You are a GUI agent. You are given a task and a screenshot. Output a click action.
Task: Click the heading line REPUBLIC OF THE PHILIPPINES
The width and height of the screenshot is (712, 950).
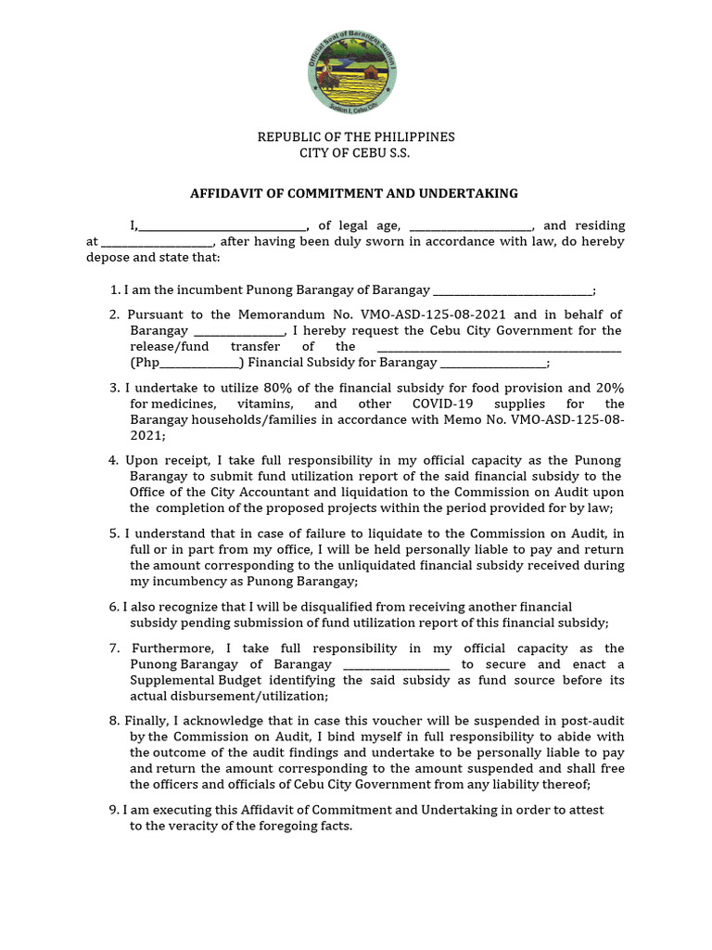(356, 137)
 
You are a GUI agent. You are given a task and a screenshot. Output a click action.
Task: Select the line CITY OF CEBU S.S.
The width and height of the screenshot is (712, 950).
(356, 153)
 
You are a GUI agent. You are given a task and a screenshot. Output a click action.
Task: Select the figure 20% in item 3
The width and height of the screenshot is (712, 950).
(609, 388)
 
